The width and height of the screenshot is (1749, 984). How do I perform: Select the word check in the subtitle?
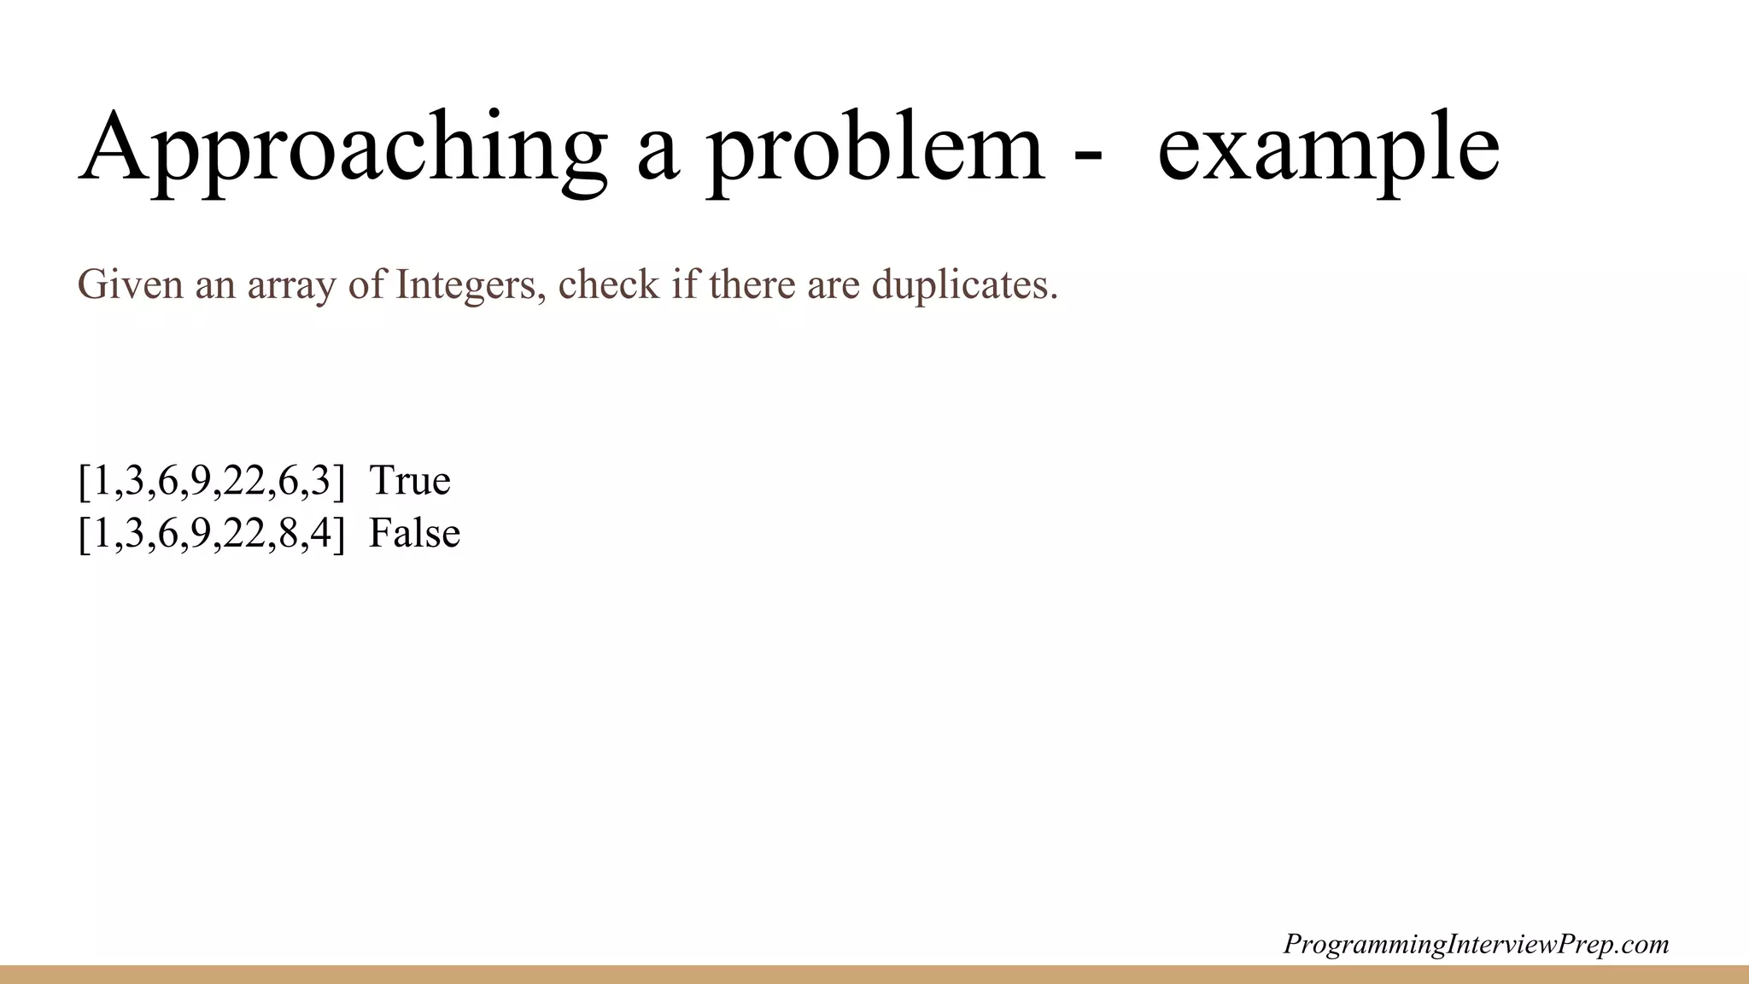coord(609,284)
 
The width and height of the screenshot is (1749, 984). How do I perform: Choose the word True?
coord(410,480)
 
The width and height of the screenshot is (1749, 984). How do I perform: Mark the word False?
coord(414,533)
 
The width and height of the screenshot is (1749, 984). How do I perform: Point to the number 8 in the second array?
coord(288,534)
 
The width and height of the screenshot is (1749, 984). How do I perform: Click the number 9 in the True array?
coord(201,481)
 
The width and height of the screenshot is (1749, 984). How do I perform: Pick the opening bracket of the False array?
coord(84,534)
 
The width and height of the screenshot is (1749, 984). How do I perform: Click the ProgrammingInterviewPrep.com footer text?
coord(1476,944)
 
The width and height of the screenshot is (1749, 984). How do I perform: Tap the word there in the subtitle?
coord(752,284)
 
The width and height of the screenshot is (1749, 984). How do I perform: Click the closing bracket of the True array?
coord(340,481)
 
